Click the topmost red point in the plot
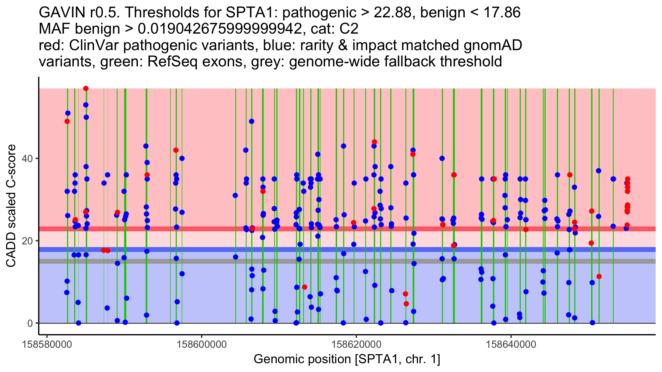click(x=86, y=88)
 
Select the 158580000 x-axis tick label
click(x=47, y=345)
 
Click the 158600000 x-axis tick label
click(x=202, y=345)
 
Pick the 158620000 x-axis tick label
click(x=356, y=345)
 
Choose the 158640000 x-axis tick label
click(x=511, y=345)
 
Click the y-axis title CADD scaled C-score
click(x=11, y=206)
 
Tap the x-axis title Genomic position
click(x=347, y=359)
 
